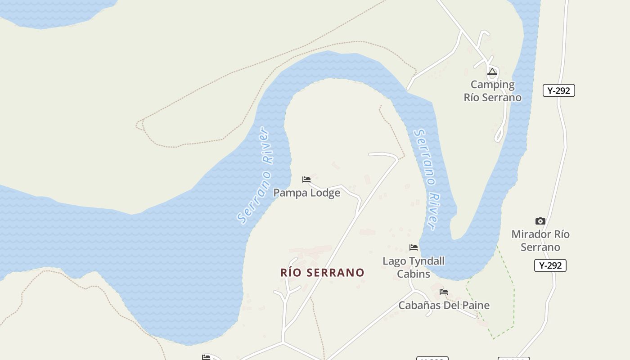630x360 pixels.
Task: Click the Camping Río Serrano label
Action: pos(493,91)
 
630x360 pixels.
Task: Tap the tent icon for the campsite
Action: pos(492,72)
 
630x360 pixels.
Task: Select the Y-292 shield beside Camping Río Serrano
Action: pos(558,90)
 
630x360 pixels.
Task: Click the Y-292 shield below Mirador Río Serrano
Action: pos(550,265)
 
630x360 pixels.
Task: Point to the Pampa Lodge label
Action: pos(307,193)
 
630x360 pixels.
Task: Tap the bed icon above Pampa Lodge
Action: pos(306,180)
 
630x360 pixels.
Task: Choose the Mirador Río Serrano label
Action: pos(540,240)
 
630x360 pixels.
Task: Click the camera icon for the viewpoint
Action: pos(540,221)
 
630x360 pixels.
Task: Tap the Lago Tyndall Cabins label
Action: pos(414,267)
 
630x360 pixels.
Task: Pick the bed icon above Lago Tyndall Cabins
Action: pos(414,247)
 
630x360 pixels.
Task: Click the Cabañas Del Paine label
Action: pos(444,305)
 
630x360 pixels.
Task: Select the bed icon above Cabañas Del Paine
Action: pos(444,292)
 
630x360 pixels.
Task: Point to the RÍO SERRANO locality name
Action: pos(322,272)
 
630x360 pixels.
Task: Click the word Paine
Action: pos(475,305)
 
